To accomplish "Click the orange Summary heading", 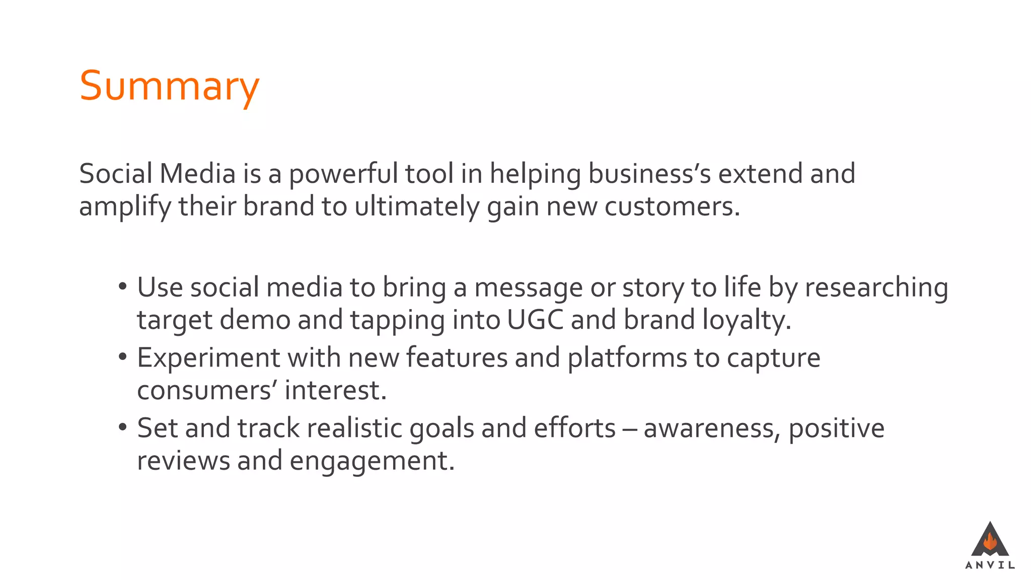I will tap(169, 87).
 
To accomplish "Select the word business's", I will tap(649, 174).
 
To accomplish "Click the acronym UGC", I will tap(535, 320).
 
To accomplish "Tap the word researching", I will tap(876, 288).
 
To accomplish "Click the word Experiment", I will tap(208, 358).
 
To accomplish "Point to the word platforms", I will tap(627, 358).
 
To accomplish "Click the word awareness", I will tap(711, 428).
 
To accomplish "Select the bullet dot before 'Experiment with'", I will tap(122, 357).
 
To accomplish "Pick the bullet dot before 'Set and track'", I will tap(122, 428).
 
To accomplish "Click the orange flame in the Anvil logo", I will tap(990, 542).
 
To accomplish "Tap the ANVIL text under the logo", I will tap(990, 565).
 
